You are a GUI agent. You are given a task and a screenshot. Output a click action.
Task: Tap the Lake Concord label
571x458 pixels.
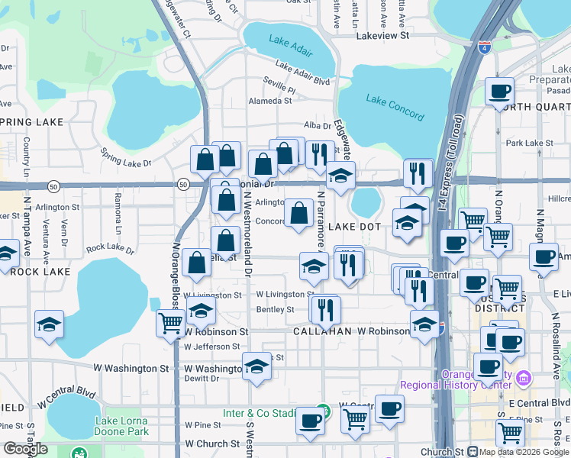click(x=394, y=107)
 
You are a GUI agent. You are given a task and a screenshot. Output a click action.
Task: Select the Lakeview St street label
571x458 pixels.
click(x=383, y=35)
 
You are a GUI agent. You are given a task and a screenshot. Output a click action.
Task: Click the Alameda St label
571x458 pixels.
click(x=272, y=100)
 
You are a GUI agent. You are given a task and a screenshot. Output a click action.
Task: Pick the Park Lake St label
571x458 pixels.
click(x=529, y=143)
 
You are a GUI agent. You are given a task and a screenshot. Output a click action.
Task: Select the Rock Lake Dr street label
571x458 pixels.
click(x=110, y=249)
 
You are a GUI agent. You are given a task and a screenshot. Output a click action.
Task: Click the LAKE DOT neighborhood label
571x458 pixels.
click(x=354, y=227)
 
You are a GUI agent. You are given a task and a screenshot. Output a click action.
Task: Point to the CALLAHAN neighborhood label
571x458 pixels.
click(x=321, y=331)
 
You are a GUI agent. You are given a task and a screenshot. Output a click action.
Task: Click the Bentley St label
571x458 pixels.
click(x=275, y=309)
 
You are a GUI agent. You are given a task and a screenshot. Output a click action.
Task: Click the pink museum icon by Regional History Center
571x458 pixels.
click(x=523, y=378)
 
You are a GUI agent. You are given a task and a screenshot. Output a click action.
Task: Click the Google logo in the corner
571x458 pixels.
click(x=25, y=449)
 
